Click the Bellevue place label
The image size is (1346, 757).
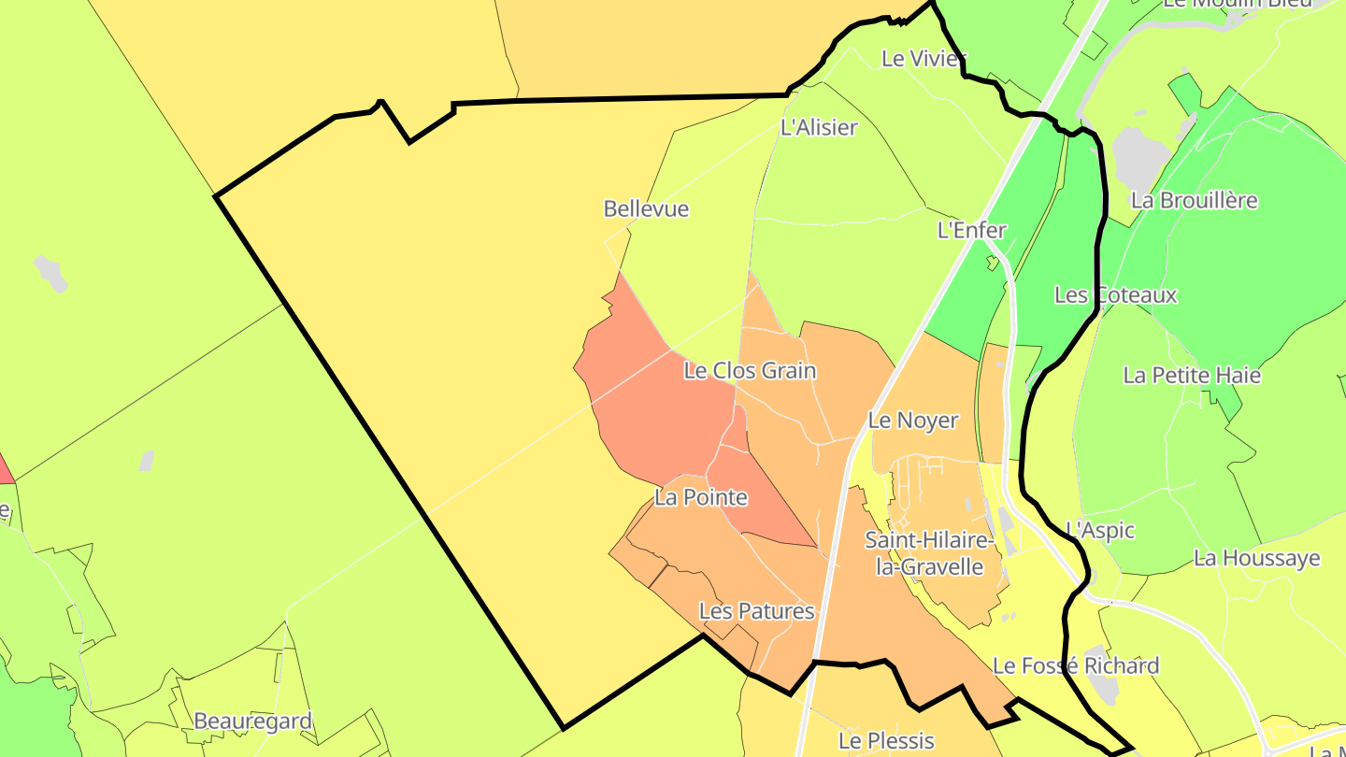click(646, 208)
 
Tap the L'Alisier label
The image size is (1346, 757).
click(818, 127)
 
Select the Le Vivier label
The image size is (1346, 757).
click(922, 58)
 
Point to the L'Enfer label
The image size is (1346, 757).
click(972, 230)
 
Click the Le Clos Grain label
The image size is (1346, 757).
click(750, 370)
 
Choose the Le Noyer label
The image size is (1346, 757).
click(913, 421)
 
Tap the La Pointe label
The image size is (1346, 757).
click(701, 496)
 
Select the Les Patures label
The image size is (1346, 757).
click(757, 611)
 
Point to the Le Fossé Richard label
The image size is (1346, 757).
click(1075, 665)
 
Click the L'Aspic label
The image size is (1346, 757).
click(1100, 530)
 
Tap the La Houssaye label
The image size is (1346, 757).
click(1256, 558)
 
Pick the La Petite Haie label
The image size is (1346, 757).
click(1192, 375)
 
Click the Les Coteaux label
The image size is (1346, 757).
click(1115, 294)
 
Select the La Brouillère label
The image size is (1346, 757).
click(1194, 200)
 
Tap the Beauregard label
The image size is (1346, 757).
click(252, 721)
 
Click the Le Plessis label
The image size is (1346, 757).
click(886, 741)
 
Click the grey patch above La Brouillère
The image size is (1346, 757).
click(1140, 155)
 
